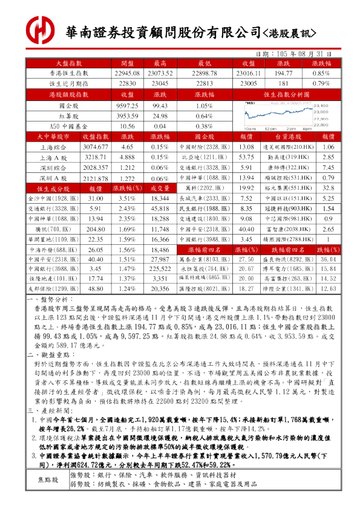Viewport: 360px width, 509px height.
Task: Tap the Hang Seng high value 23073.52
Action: click(x=160, y=73)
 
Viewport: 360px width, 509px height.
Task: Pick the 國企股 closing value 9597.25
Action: click(x=127, y=105)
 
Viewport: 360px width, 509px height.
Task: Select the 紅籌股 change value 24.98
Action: click(x=160, y=116)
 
